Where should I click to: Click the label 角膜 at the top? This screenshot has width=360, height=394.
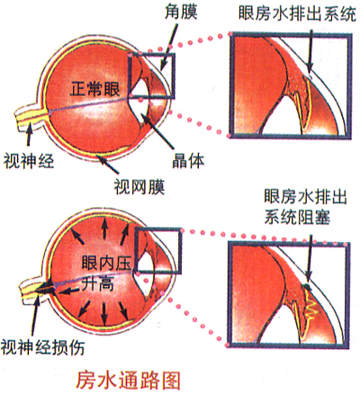click(x=181, y=12)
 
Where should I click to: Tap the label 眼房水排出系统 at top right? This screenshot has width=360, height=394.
click(x=297, y=13)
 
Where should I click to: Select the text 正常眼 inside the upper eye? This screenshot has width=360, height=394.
click(x=94, y=89)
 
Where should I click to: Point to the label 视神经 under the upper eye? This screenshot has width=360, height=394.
click(x=29, y=160)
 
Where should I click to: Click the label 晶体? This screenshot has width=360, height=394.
click(x=188, y=160)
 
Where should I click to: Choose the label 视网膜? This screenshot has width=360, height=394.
click(x=139, y=187)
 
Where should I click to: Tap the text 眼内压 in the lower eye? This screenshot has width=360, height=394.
click(x=106, y=263)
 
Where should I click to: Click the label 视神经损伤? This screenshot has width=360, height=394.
click(x=42, y=347)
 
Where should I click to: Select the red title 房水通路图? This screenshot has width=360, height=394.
click(x=129, y=380)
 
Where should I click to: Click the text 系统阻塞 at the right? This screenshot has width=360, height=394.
click(x=297, y=217)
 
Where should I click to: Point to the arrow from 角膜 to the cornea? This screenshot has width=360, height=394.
click(x=168, y=48)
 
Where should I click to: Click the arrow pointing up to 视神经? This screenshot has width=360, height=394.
click(x=29, y=135)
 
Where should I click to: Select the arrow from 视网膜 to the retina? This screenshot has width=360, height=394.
click(x=108, y=165)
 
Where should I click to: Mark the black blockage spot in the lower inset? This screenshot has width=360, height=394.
click(x=307, y=287)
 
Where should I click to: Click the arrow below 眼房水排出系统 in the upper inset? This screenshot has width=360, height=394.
click(x=310, y=51)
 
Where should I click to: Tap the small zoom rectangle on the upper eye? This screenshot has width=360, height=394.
click(x=151, y=76)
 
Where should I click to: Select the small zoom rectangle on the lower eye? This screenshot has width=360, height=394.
click(x=158, y=251)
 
